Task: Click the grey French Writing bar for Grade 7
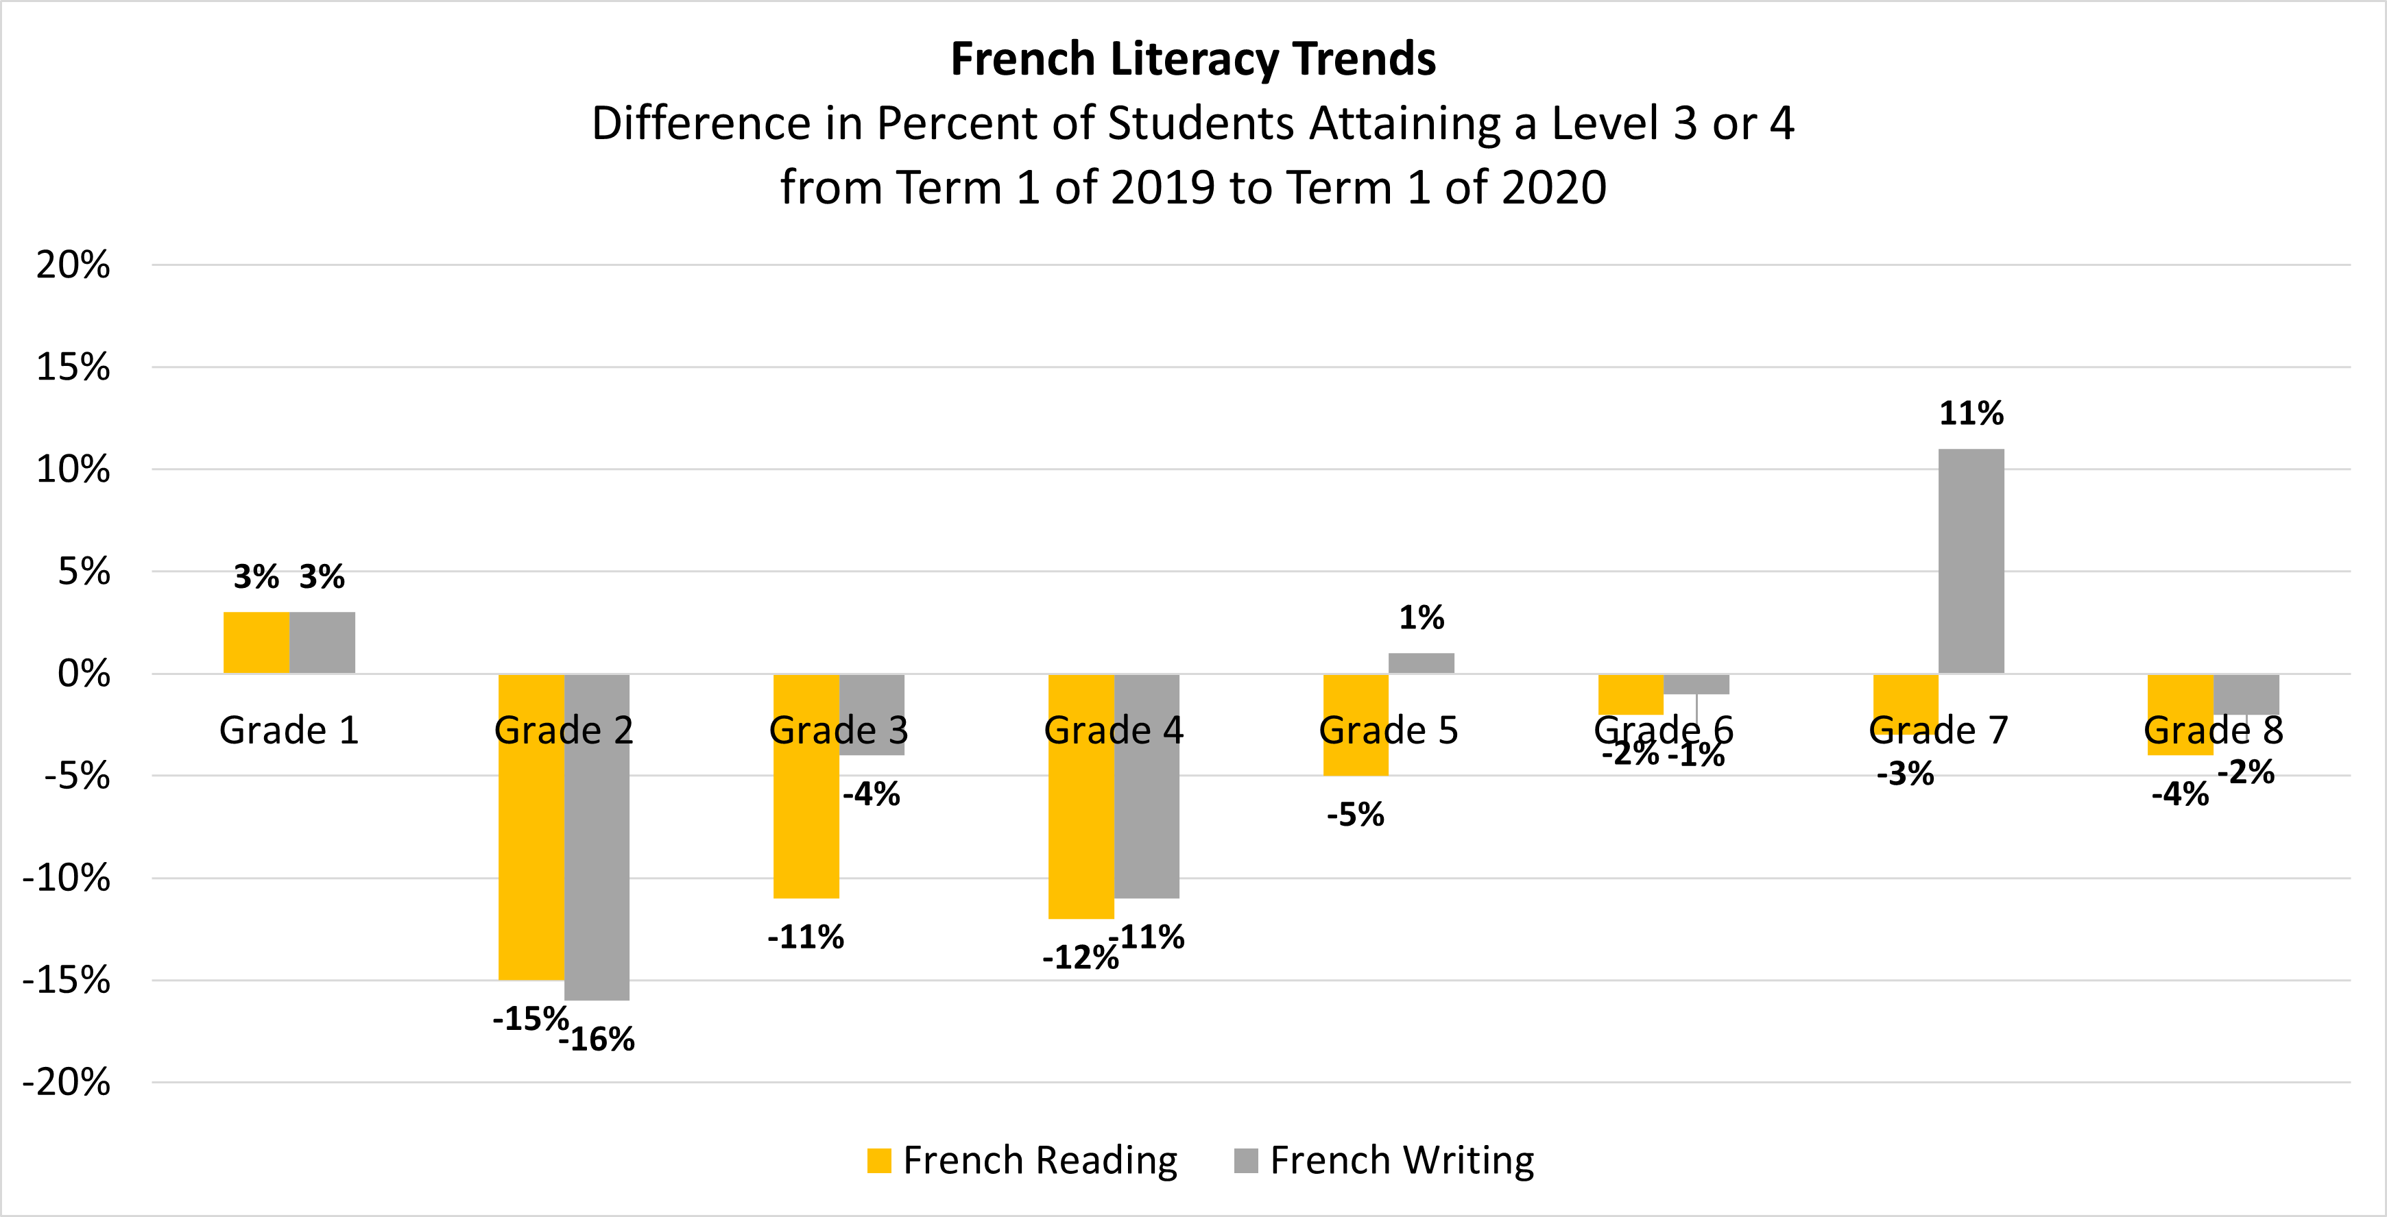(1971, 561)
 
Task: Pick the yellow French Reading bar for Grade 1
(256, 643)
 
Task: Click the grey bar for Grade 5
(1421, 663)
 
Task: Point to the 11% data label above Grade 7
(1971, 413)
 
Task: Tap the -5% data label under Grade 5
(1355, 815)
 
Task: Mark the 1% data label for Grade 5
(1421, 618)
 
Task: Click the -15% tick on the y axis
(67, 980)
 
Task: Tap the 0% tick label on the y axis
(84, 674)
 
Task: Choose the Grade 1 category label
(288, 730)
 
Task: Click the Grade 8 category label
(2213, 730)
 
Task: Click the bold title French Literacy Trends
(1192, 60)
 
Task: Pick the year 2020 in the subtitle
(1554, 187)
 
